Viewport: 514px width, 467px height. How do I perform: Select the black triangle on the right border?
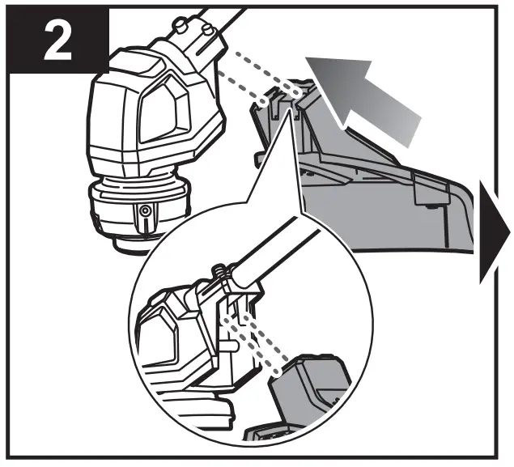pyautogui.click(x=494, y=235)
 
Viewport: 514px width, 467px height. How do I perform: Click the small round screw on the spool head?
pyautogui.click(x=145, y=211)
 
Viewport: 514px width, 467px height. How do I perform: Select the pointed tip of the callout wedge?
pyautogui.click(x=287, y=113)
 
